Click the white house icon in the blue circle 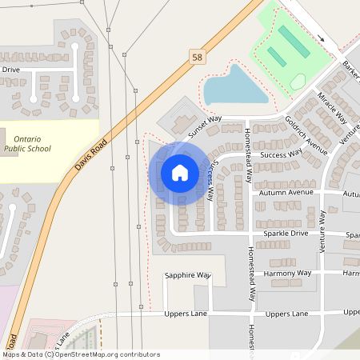tap(180, 173)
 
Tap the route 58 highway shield tap(197, 57)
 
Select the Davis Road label tap(90, 158)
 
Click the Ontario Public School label tap(27, 143)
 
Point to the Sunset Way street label tap(204, 122)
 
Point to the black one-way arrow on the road tap(322, 38)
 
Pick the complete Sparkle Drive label tap(285, 233)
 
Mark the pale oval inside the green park tap(298, 81)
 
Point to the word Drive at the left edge tap(10, 70)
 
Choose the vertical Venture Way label tap(323, 232)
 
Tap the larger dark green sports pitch tap(294, 41)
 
